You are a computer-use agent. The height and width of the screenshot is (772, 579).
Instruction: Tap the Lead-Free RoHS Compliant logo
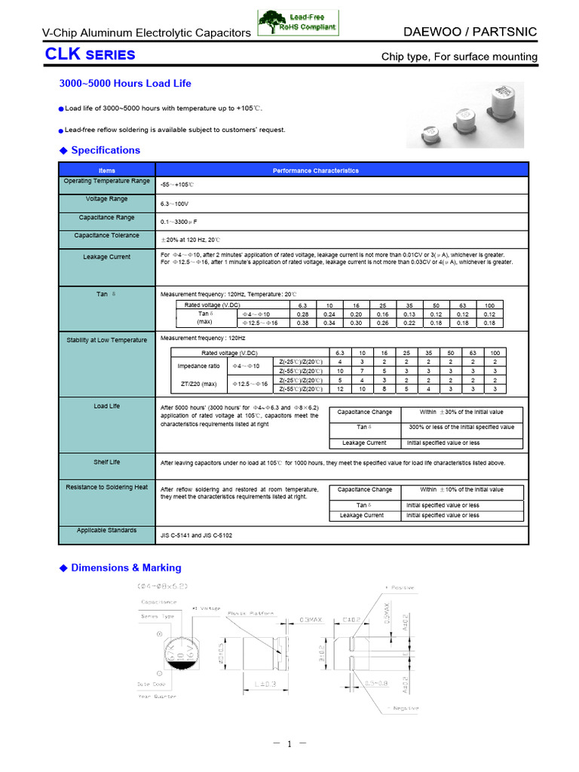pyautogui.click(x=299, y=23)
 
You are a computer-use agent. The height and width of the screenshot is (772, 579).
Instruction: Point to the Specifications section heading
pyautogui.click(x=105, y=150)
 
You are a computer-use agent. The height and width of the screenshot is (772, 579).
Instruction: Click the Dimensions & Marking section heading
pyautogui.click(x=126, y=568)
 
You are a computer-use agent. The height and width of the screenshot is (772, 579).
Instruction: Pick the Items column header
pyautogui.click(x=107, y=170)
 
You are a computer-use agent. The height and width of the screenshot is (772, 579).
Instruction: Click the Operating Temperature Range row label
pyautogui.click(x=107, y=181)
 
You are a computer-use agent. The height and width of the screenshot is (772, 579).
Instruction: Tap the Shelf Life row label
pyautogui.click(x=107, y=461)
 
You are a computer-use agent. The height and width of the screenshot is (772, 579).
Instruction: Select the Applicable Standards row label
pyautogui.click(x=107, y=530)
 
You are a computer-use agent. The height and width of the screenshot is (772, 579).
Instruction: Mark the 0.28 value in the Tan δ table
pyautogui.click(x=303, y=314)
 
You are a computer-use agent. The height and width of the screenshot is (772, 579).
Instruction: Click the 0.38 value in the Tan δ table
pyautogui.click(x=303, y=323)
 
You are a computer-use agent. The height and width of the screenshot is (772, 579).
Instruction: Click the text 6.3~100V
pyautogui.click(x=174, y=204)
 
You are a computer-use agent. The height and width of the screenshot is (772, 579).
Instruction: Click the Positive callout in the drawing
pyautogui.click(x=403, y=587)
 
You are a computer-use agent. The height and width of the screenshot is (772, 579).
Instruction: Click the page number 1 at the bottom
pyautogui.click(x=289, y=744)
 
